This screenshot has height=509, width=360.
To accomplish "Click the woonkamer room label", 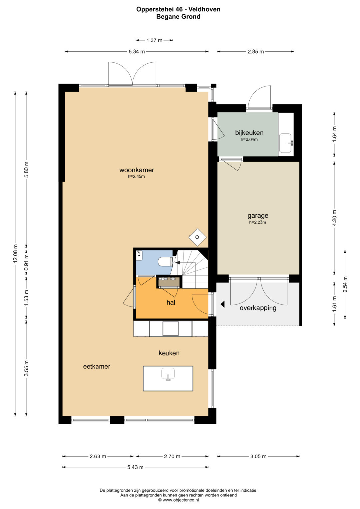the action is point(137,170).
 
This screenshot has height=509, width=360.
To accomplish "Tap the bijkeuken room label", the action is point(249,133).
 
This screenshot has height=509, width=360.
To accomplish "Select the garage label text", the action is point(258,216).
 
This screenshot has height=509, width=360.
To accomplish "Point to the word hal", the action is point(171,302).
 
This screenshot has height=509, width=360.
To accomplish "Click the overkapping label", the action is point(258,308).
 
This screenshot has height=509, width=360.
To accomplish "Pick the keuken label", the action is point(169,353).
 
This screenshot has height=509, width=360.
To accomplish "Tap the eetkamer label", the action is point(97,366).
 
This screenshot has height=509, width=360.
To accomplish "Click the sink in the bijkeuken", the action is point(286,143).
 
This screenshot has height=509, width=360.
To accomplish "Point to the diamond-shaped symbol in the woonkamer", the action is point(197,237).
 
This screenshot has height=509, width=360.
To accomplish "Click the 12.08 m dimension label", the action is point(15,253).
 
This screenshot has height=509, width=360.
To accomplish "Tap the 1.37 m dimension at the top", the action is point(154,40).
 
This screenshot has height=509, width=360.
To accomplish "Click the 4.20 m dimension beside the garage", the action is point(334,218).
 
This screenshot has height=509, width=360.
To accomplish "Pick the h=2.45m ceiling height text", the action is point(136,176).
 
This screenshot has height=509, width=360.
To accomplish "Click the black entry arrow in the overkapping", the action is point(223,304).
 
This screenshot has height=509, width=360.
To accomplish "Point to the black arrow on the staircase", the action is point(177,263).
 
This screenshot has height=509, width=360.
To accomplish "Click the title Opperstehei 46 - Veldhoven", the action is point(178,9).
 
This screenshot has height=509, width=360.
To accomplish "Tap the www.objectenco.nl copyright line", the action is point(178,500).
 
